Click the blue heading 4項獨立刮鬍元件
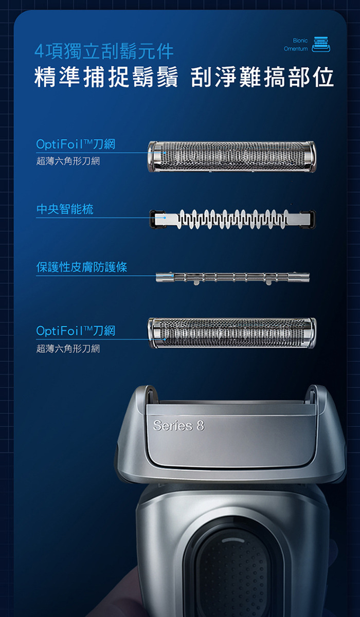[104, 51]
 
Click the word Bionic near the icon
[300, 41]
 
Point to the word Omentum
[296, 49]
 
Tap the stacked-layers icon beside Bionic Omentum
[321, 44]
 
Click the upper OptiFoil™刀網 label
[76, 144]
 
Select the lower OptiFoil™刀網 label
[76, 331]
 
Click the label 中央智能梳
[65, 209]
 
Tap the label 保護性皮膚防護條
[82, 267]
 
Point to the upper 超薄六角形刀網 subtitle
[68, 161]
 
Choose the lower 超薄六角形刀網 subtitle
[68, 349]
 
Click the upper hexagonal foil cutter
[232, 156]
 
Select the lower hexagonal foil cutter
[232, 333]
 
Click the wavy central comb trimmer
[232, 219]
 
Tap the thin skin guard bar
[232, 278]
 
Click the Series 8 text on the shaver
[179, 425]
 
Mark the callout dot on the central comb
[165, 217]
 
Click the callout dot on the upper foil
[165, 153]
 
